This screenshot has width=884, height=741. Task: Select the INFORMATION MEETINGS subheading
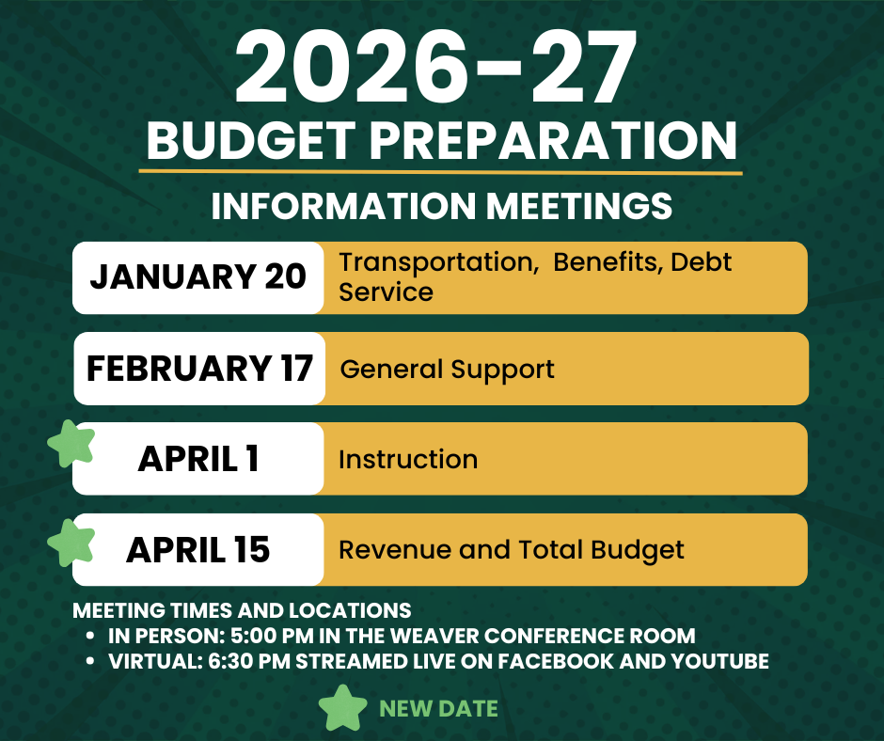click(x=442, y=207)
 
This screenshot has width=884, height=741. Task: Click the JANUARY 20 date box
click(x=197, y=277)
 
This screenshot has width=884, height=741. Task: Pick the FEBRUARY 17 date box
click(x=199, y=368)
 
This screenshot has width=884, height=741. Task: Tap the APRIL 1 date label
click(x=198, y=459)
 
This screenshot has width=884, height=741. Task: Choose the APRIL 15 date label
click(x=198, y=550)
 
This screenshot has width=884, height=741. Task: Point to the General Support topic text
click(x=448, y=369)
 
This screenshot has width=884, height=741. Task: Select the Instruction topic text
click(x=408, y=460)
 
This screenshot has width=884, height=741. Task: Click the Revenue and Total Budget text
click(x=512, y=550)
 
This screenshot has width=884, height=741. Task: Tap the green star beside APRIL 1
click(x=71, y=443)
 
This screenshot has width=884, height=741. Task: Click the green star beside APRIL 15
click(x=71, y=543)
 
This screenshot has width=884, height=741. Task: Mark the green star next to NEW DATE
click(x=342, y=708)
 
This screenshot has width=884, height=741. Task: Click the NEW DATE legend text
click(x=438, y=709)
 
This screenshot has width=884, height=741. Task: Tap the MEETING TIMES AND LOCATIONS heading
click(x=242, y=609)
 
